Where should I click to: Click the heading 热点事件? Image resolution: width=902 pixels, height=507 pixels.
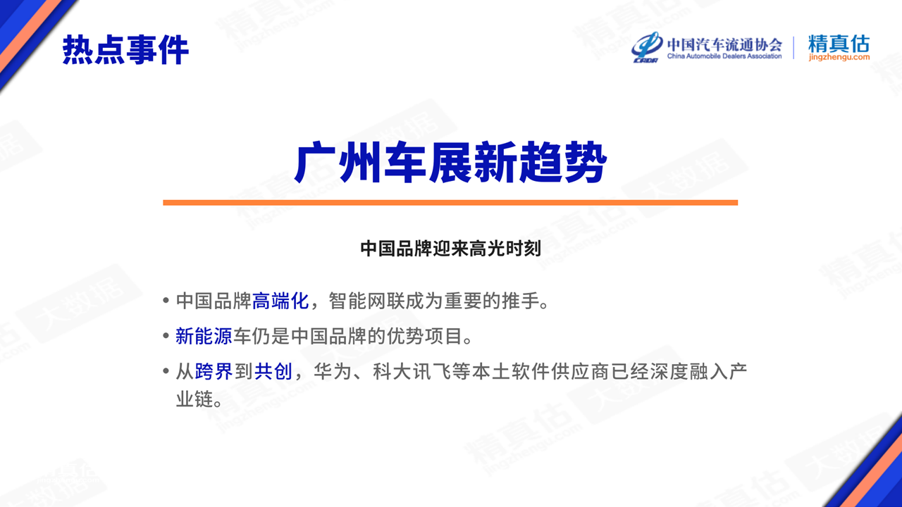(125, 50)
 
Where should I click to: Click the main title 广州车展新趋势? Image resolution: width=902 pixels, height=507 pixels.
(450, 162)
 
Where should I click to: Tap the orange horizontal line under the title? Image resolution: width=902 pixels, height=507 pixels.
(450, 203)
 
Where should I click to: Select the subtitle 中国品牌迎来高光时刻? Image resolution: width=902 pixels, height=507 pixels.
(450, 249)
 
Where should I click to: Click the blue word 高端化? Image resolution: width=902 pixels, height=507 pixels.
(280, 301)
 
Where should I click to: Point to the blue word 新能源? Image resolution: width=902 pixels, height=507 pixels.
(204, 336)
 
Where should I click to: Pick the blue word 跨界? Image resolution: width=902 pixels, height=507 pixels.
(214, 371)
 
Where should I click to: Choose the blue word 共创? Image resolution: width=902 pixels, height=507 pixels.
(273, 371)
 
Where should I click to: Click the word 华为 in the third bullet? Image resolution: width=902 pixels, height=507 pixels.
(333, 371)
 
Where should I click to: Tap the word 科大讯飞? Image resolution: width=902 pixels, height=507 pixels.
(412, 371)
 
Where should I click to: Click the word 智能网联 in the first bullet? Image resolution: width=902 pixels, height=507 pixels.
(366, 301)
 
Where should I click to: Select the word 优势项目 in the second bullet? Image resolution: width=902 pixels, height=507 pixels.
(424, 336)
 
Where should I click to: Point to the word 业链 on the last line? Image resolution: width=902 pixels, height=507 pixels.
(194, 399)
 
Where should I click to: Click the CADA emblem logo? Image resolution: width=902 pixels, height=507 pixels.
(646, 47)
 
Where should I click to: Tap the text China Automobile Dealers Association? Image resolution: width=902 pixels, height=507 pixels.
(724, 56)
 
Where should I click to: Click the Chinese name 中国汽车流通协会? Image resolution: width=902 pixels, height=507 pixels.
(724, 44)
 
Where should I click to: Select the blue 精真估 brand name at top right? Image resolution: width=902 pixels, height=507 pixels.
(839, 44)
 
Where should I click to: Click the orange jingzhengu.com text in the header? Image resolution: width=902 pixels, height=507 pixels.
(839, 58)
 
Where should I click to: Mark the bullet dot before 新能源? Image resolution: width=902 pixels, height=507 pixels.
(166, 336)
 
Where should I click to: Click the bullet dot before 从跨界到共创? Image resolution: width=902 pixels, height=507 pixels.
(166, 371)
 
